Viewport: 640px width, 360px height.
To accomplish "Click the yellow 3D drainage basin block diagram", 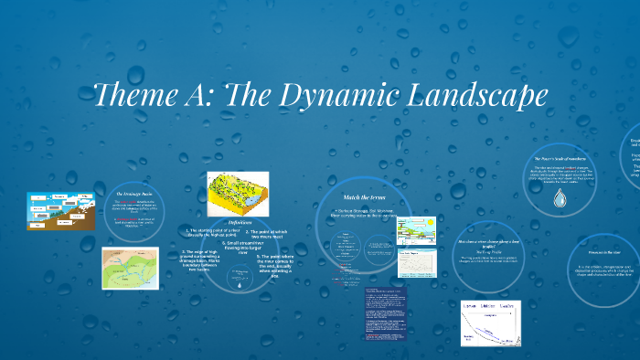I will pos(239,194).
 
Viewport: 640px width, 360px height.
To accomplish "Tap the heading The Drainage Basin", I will pos(131,195).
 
